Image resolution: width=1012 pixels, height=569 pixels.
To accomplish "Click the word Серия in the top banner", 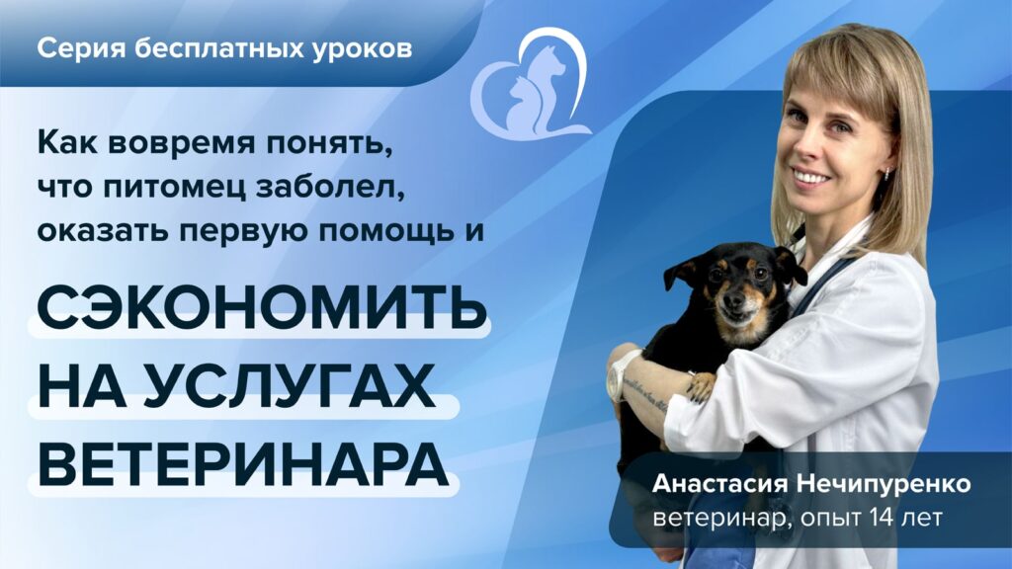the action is (x=81, y=48).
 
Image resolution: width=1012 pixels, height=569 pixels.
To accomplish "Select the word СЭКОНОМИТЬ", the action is (x=262, y=306).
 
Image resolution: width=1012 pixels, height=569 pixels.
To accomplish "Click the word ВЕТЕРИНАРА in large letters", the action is (x=243, y=464).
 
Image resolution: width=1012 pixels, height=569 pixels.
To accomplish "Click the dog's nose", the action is (x=734, y=301).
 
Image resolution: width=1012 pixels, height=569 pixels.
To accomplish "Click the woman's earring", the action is (x=888, y=172).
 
